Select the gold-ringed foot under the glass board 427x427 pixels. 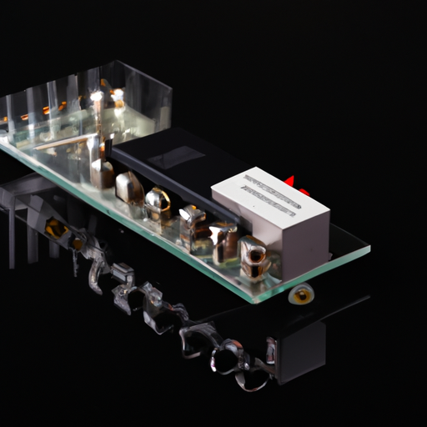[302, 294]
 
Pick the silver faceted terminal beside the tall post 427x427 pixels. [128, 188]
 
